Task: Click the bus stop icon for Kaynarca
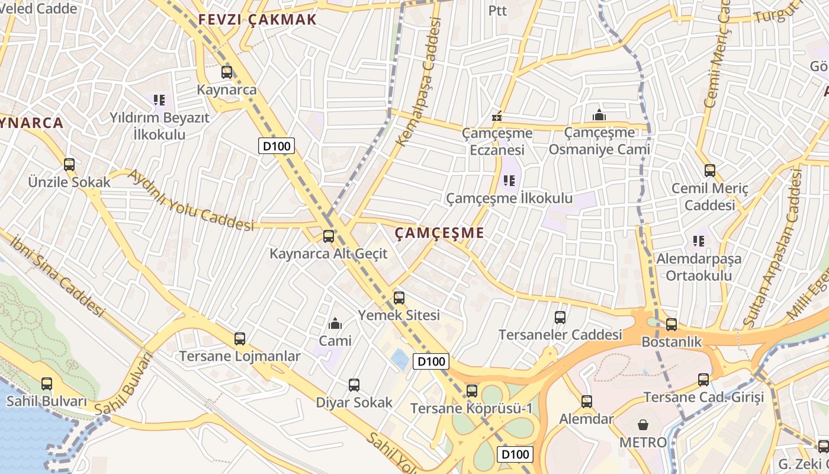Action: click(227, 72)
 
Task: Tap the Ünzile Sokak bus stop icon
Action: click(69, 165)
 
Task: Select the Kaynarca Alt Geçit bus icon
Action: click(328, 236)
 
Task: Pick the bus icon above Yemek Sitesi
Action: click(399, 297)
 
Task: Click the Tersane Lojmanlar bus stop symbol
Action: click(239, 339)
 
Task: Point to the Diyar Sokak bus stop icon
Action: click(354, 385)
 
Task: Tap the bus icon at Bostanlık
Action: click(671, 325)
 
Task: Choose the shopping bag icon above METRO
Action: click(643, 425)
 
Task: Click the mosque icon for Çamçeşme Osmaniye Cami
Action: click(599, 115)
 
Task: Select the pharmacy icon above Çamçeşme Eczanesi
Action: click(497, 116)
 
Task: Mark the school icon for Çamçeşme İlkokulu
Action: click(509, 180)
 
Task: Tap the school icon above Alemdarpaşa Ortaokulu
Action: click(699, 241)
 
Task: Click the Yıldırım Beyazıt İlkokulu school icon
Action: click(159, 100)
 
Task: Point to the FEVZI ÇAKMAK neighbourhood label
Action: click(258, 20)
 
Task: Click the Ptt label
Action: click(498, 11)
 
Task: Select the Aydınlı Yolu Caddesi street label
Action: click(191, 200)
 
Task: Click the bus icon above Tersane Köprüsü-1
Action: click(471, 390)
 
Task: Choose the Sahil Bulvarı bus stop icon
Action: click(47, 384)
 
